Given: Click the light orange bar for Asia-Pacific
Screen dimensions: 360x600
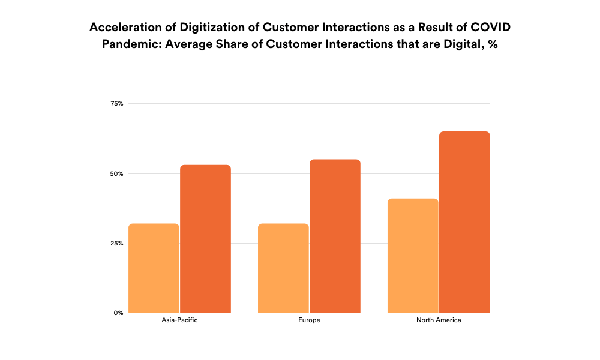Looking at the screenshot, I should [154, 268].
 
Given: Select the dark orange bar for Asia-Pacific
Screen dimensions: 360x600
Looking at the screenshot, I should [205, 239].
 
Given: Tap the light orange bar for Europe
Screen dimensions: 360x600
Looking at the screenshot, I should [283, 268].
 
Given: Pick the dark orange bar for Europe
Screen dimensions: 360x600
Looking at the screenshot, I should [335, 236].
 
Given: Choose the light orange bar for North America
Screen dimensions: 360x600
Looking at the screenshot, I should [413, 256].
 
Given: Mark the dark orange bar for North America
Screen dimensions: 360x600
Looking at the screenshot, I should [464, 222].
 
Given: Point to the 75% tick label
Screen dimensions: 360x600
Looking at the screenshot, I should [117, 104].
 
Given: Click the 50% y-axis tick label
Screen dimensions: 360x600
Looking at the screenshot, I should [117, 173].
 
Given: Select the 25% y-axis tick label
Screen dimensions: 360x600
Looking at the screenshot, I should [117, 243].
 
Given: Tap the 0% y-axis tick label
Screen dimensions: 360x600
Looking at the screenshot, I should [119, 313].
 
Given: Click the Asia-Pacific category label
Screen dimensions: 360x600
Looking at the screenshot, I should [179, 320].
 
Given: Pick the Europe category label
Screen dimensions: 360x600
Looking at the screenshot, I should [309, 320].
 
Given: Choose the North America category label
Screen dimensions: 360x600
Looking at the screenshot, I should [439, 320].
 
